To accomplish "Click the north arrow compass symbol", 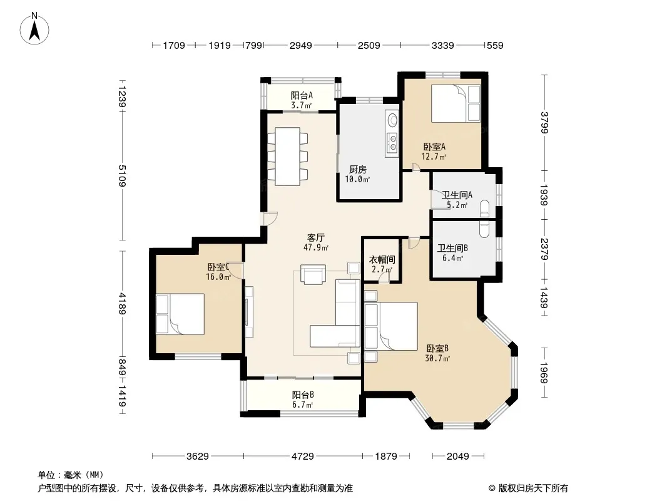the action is pyautogui.click(x=34, y=28).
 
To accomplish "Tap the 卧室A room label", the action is pyautogui.click(x=434, y=147).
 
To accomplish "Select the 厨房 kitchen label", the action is pyautogui.click(x=357, y=170).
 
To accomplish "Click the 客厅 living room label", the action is pyautogui.click(x=316, y=237).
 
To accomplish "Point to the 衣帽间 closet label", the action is pyautogui.click(x=382, y=260).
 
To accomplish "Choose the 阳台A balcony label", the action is pyautogui.click(x=302, y=95).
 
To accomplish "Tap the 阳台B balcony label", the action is pyautogui.click(x=303, y=395).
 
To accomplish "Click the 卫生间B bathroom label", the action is pyautogui.click(x=452, y=248).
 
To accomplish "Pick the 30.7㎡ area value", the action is pyautogui.click(x=437, y=358).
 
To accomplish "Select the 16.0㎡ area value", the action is pyautogui.click(x=218, y=277).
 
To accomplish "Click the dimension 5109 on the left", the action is pyautogui.click(x=121, y=175).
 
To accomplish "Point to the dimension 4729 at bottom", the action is pyautogui.click(x=302, y=457).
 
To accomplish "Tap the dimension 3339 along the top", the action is pyautogui.click(x=442, y=45).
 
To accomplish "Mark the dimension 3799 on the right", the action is pyautogui.click(x=544, y=122).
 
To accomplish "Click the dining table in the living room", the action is pyautogui.click(x=288, y=156).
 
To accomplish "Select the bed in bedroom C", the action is pyautogui.click(x=180, y=314).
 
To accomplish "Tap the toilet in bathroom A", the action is pyautogui.click(x=484, y=208).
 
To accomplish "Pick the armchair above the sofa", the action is pyautogui.click(x=313, y=274).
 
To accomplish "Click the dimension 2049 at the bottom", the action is pyautogui.click(x=458, y=457).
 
